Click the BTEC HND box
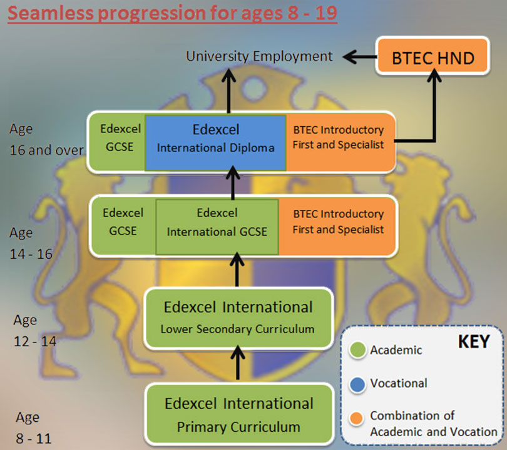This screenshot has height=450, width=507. tap(433, 56)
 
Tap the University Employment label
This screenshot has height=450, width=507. tap(259, 56)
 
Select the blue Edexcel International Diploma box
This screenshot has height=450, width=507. tap(216, 142)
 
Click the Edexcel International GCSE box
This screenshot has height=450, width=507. tap(217, 227)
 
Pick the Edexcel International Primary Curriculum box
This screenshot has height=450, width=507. tap(239, 414)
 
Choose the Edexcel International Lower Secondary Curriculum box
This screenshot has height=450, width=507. tap(238, 319)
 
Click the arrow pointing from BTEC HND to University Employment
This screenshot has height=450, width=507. tap(360, 57)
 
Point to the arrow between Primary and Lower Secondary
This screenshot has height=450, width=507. tap(238, 362)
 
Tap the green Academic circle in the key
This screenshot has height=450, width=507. tap(357, 349)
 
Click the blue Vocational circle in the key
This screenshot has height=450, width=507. tap(357, 384)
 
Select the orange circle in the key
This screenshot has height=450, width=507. tap(356, 418)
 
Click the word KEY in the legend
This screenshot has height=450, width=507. tap(474, 341)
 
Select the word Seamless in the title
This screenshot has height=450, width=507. tap(51, 13)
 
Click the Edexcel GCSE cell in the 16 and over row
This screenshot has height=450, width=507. tap(120, 138)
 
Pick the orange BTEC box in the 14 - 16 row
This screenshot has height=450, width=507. tap(337, 227)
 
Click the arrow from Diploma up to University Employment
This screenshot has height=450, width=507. tap(229, 91)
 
